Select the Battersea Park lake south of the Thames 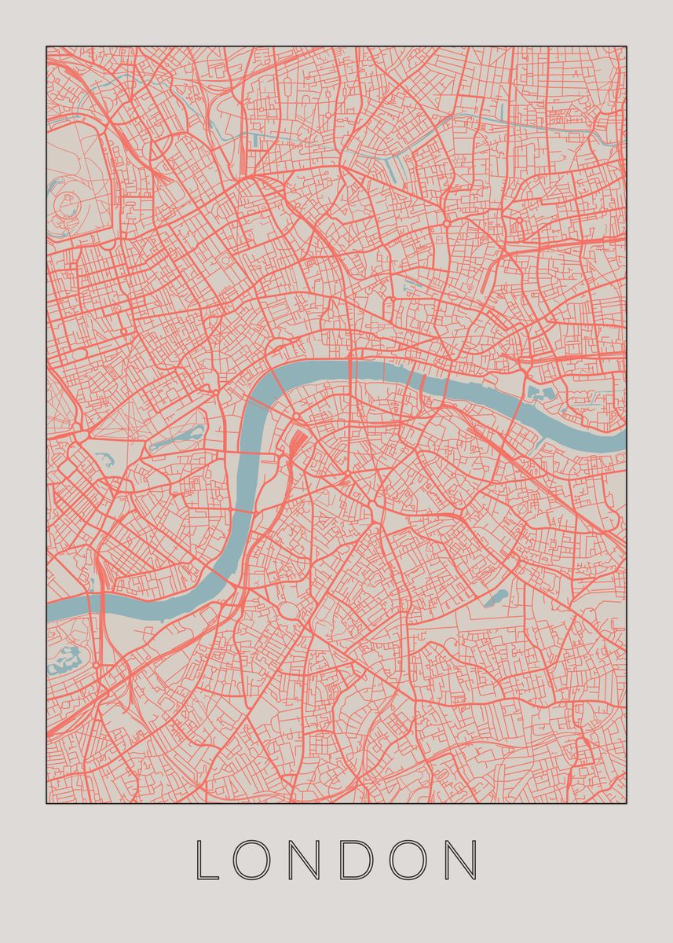pos(68,660)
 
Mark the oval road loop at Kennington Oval pos(287,611)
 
